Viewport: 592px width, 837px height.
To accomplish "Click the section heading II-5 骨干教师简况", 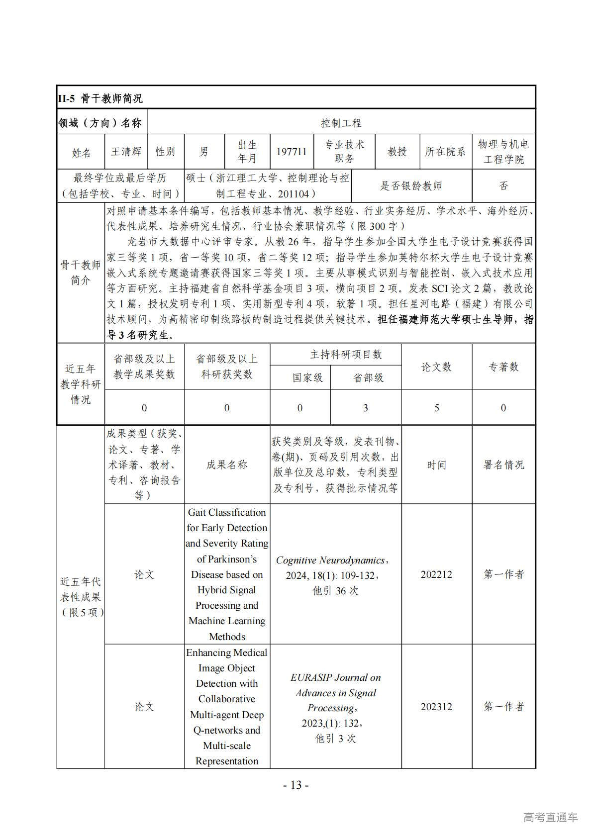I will tap(100, 98).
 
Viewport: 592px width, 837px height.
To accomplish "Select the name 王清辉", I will tap(126, 152).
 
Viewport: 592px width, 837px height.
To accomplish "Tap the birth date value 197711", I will tap(292, 152).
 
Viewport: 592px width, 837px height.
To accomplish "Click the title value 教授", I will tap(397, 152).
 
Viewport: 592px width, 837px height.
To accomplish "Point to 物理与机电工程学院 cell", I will tap(503, 152).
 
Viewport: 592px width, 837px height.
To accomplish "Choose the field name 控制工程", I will tap(341, 122).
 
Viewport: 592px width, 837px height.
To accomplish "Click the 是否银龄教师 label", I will tap(411, 186).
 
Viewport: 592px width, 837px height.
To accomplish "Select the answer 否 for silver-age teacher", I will tap(503, 186).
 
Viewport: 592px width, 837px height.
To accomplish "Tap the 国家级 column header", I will tap(307, 378).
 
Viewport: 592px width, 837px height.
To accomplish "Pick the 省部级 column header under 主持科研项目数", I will tap(368, 378).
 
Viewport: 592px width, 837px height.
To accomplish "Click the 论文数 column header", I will tap(436, 367).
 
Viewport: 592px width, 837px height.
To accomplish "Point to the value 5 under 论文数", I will tap(437, 408).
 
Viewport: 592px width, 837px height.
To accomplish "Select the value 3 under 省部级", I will tap(366, 408).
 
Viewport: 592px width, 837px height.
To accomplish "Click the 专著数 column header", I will tap(503, 367).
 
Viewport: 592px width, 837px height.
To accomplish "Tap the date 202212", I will tap(436, 574).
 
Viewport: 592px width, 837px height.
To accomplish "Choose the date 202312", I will tap(436, 707).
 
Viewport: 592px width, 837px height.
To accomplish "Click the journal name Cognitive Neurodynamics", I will tap(330, 560).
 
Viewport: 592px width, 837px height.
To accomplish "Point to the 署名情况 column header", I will tap(503, 465).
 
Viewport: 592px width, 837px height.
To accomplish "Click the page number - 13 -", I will tap(296, 785).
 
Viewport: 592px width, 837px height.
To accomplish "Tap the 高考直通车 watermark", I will tap(550, 817).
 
